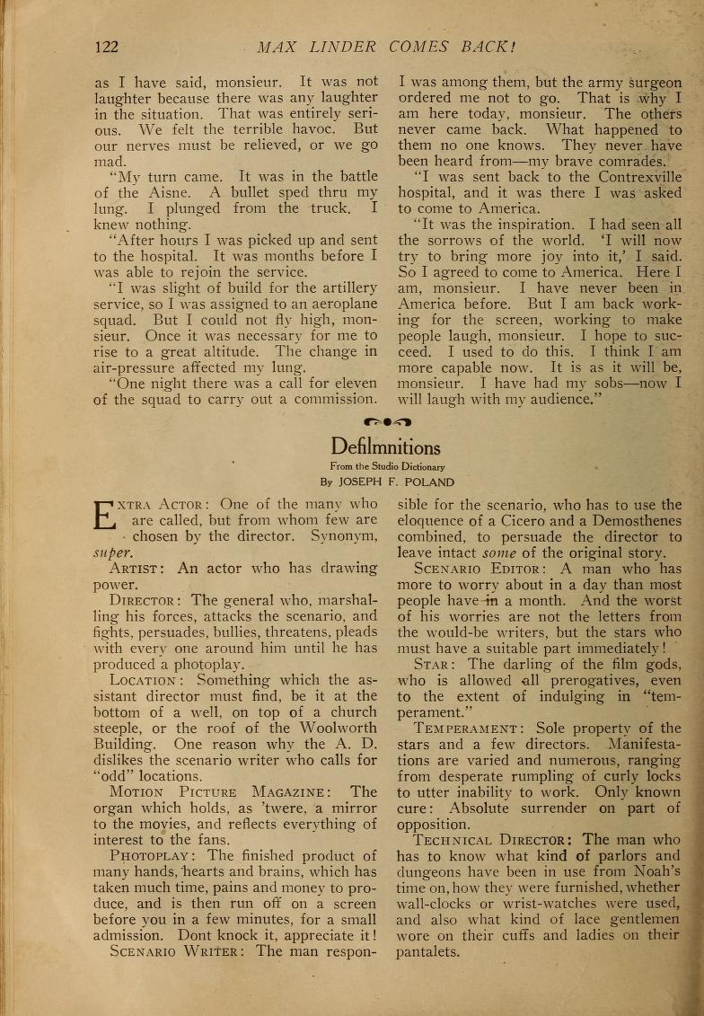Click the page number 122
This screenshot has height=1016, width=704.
pyautogui.click(x=106, y=47)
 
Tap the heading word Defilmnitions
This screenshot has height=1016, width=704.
pyautogui.click(x=385, y=446)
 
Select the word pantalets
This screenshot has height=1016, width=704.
pyautogui.click(x=427, y=952)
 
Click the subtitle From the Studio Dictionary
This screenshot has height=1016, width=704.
pyautogui.click(x=386, y=466)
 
